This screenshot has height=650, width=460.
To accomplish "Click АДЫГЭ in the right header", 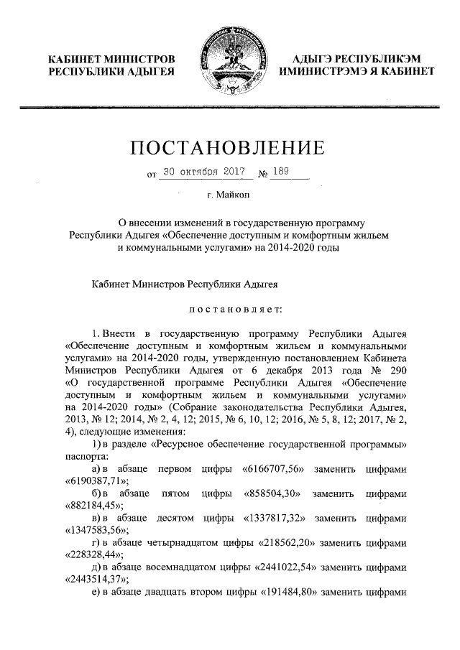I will (x=313, y=59).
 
